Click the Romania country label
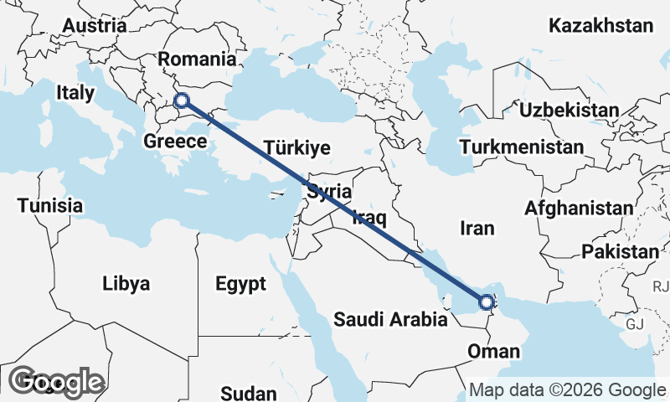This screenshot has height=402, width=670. (x=197, y=59)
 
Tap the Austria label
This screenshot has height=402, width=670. (x=94, y=26)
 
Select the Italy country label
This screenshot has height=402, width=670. (x=75, y=93)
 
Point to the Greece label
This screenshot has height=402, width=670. (x=175, y=142)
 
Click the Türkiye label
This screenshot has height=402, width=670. (x=296, y=148)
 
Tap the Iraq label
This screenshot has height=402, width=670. (x=368, y=219)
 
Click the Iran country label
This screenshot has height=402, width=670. (x=477, y=228)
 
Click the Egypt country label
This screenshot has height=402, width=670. (x=240, y=283)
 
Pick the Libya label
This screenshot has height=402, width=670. (x=126, y=283)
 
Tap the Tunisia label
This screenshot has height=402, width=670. (x=50, y=205)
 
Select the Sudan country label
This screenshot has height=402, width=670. (x=249, y=393)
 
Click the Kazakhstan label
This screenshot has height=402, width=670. (x=600, y=26)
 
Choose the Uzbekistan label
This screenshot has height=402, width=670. (x=569, y=110)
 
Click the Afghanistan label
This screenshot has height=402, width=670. (x=579, y=209)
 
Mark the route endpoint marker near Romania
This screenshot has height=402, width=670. (x=182, y=101)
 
